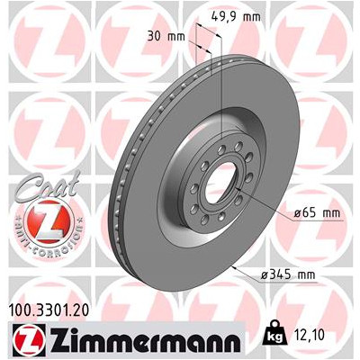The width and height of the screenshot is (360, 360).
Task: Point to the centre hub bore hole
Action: coord(217,184)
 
